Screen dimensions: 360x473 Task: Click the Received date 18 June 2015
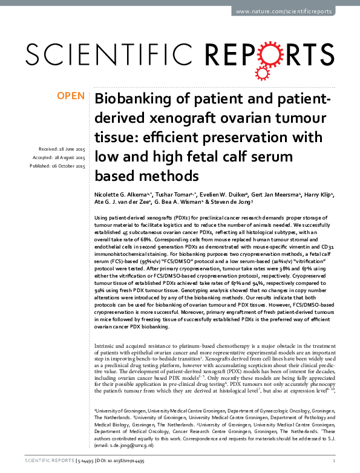(62, 148)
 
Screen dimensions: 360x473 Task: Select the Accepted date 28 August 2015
(62, 157)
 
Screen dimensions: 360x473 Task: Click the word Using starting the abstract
(102, 217)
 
